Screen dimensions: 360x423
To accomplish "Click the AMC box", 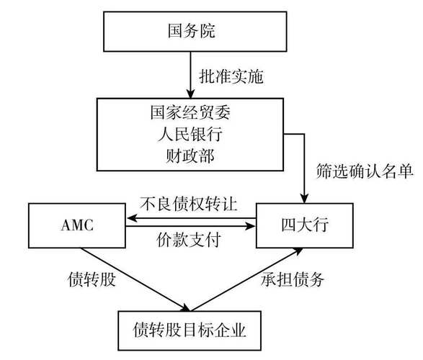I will pos(76,225).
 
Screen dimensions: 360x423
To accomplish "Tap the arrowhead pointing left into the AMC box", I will pos(130,215).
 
